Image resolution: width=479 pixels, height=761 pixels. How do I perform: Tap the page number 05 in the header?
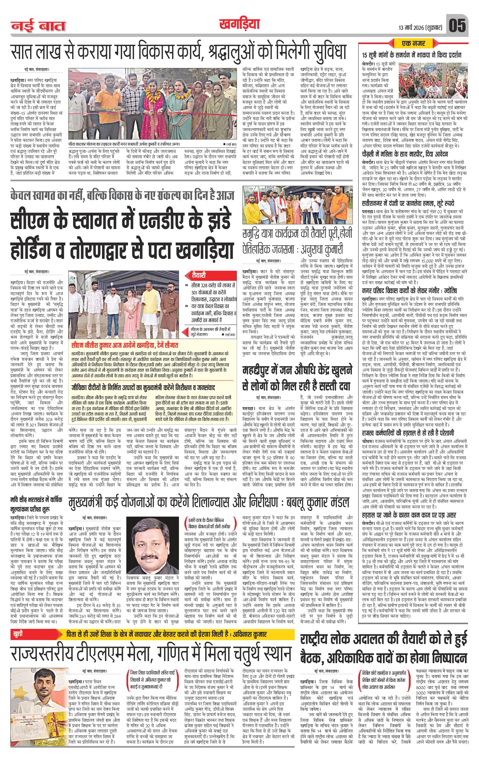pos(457,26)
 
